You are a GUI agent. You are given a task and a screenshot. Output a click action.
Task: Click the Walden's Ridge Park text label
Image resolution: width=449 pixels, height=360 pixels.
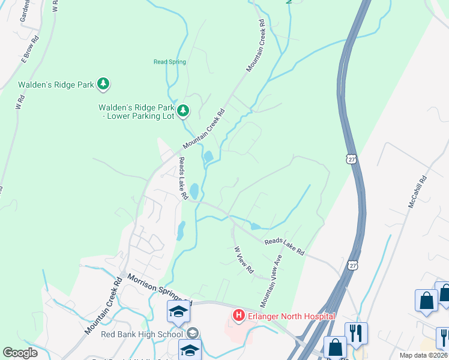tap(56, 85)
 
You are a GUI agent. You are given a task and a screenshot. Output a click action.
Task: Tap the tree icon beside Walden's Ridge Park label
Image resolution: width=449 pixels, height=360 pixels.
tap(103, 84)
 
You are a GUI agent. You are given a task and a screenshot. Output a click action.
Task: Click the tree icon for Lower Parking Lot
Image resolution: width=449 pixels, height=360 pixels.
tap(184, 111)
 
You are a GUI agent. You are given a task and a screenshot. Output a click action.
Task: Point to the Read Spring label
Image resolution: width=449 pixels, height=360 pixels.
tap(170, 62)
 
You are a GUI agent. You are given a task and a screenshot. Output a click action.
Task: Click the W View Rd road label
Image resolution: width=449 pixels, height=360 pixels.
tap(243, 260)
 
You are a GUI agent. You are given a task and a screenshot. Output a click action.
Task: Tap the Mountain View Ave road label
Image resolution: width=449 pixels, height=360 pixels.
tap(271, 280)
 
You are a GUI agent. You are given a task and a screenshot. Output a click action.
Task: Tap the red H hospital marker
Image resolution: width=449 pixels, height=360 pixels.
tap(238, 315)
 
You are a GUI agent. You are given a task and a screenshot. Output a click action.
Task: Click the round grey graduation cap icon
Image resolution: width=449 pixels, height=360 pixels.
tap(193, 334)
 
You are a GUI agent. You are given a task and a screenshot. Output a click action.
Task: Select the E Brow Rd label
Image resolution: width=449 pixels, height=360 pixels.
tap(31, 50)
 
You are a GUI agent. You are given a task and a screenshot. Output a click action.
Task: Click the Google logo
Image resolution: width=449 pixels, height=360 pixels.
tap(20, 353)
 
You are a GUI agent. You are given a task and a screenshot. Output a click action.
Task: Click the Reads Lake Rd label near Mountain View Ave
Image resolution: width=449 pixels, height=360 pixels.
tap(285, 245)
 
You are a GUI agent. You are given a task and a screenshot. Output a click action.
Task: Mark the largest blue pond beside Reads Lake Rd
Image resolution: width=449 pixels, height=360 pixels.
tap(194, 191)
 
